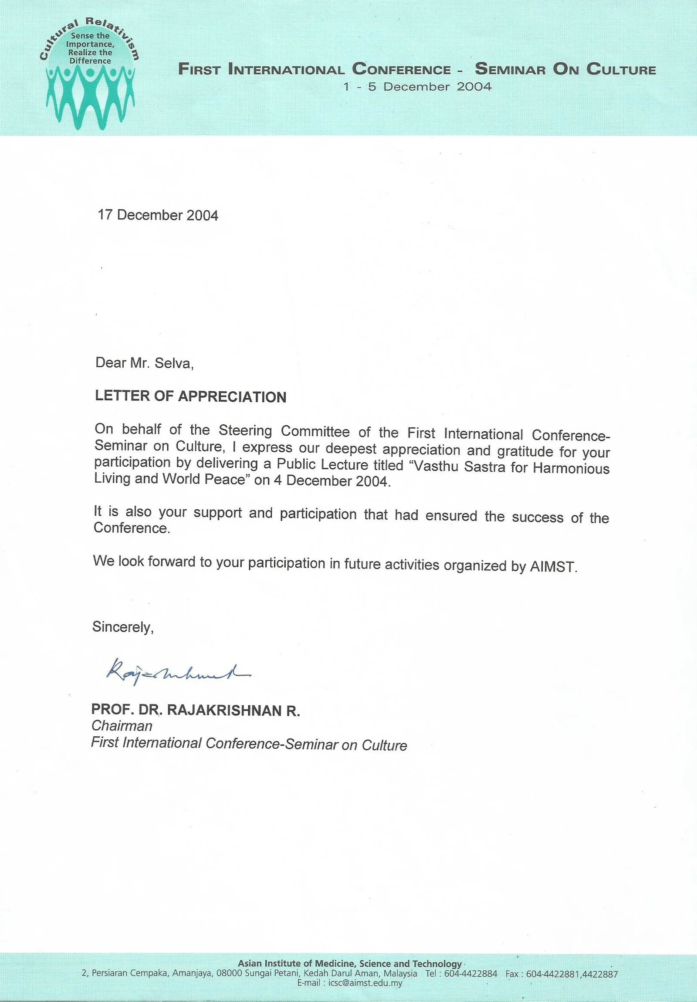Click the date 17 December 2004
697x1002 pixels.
click(158, 215)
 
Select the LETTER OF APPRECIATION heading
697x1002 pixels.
click(191, 396)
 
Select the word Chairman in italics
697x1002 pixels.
click(122, 726)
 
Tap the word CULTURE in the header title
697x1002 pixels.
click(621, 70)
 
